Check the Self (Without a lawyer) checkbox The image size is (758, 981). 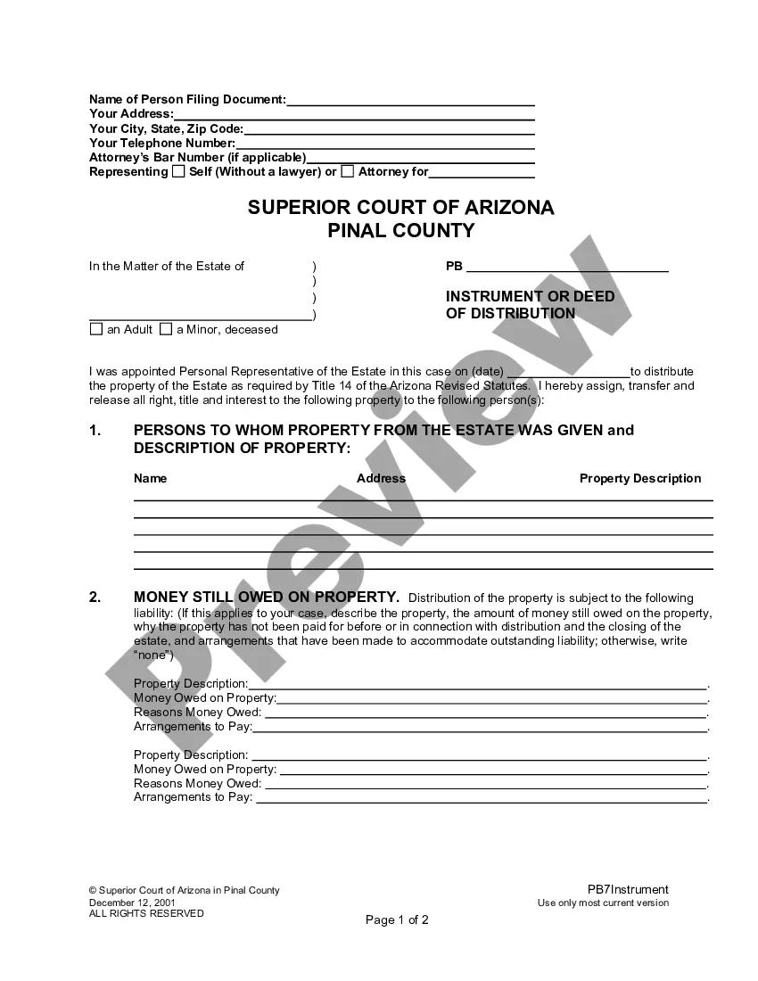click(x=178, y=171)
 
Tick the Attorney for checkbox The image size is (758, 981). click(x=348, y=171)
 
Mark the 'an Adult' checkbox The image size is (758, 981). click(x=96, y=329)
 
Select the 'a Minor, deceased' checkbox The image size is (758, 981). click(x=166, y=329)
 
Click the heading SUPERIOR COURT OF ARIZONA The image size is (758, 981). click(x=400, y=208)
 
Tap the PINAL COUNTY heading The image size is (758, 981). click(x=400, y=231)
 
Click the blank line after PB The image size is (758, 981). click(x=567, y=266)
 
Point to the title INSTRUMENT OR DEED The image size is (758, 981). click(x=530, y=296)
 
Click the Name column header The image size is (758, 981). click(x=150, y=479)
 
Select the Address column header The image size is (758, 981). click(x=381, y=479)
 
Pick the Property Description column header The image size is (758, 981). click(x=640, y=479)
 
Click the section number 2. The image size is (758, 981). click(x=95, y=598)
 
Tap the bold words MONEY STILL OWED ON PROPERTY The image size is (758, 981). click(x=266, y=597)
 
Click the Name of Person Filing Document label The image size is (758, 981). click(x=187, y=100)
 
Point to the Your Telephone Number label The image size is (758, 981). click(x=162, y=143)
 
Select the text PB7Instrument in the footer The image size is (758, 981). click(x=628, y=889)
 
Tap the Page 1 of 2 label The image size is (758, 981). click(x=397, y=920)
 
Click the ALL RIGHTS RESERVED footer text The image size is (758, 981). click(x=146, y=913)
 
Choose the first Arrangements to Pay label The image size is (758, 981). click(x=193, y=726)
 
